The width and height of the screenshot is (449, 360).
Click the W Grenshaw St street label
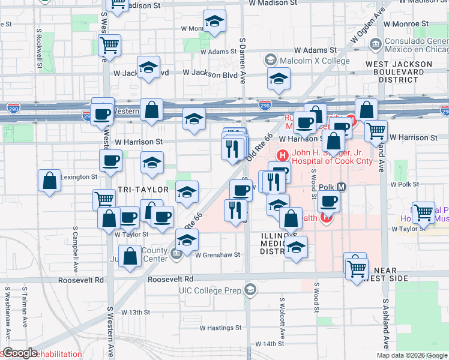[x=217, y=254]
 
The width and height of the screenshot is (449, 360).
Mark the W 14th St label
[x=269, y=344]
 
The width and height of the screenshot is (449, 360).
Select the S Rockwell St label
[x=39, y=46]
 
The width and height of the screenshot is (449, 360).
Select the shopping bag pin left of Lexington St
[x=49, y=180]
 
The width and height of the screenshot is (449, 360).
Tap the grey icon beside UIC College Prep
[x=250, y=290]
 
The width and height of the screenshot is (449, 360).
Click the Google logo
[x=20, y=353]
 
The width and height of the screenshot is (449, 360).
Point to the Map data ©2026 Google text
[x=412, y=355]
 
